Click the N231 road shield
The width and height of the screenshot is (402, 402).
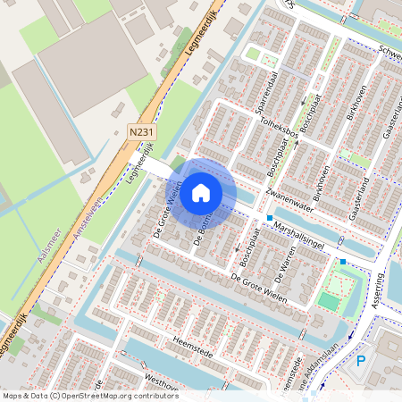(x=138, y=132)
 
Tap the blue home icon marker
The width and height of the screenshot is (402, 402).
(x=201, y=192)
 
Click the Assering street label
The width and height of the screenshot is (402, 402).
(x=377, y=289)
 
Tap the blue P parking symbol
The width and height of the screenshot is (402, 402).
(x=360, y=361)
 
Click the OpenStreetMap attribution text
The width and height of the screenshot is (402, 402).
(x=89, y=396)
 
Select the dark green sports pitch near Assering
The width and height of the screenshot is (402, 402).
(x=330, y=302)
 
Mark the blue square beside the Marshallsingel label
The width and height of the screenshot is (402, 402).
(x=269, y=218)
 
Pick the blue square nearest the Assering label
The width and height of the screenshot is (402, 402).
(x=342, y=262)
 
